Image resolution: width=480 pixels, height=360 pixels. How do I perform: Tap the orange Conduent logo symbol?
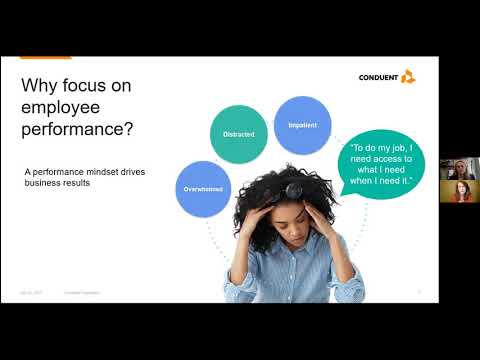click(407, 76)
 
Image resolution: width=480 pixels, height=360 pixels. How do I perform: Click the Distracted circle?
click(238, 133)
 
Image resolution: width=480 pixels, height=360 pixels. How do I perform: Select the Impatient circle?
click(302, 125)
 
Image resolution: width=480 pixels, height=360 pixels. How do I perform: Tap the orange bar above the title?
click(45, 56)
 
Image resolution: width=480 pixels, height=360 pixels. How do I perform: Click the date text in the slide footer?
click(30, 293)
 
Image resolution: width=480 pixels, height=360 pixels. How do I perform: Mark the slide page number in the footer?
click(418, 293)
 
